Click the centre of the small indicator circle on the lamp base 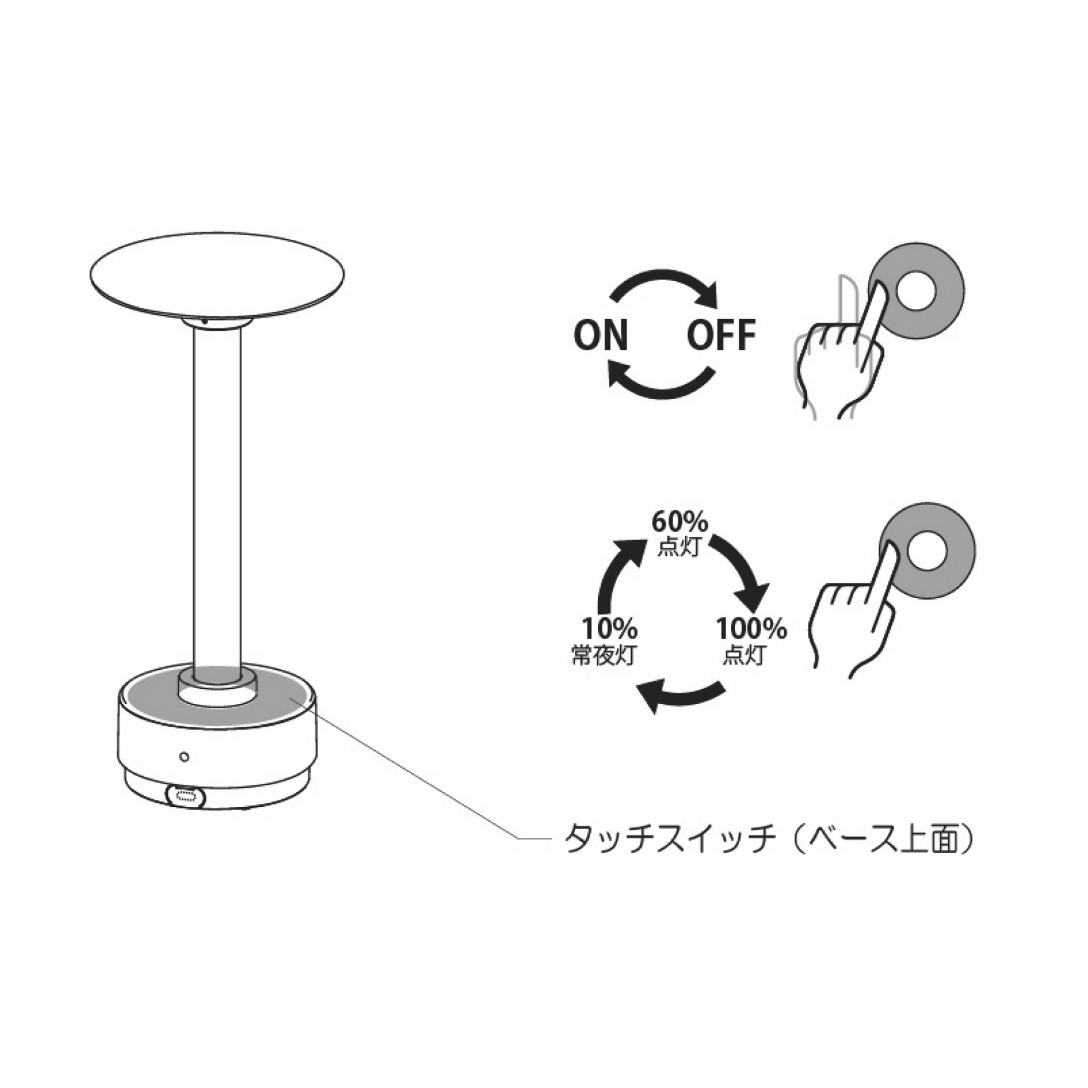coord(183,756)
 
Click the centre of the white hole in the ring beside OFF coord(915,291)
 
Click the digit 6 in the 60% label coord(660,523)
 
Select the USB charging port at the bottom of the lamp coord(186,795)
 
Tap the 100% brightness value coord(751,628)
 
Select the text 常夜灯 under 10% coord(604,655)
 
